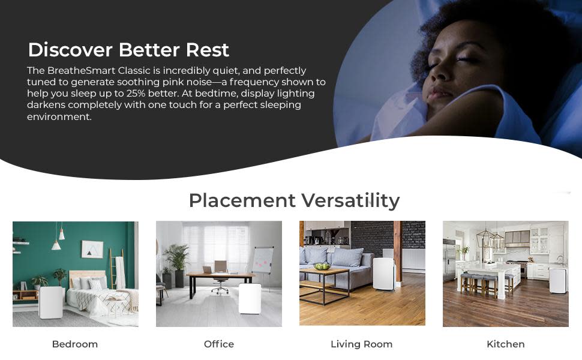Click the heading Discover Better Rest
[128, 50]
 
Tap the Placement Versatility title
[295, 200]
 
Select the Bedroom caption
[75, 344]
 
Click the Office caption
[219, 344]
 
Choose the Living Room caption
[362, 344]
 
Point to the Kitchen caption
[506, 344]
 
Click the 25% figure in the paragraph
[136, 93]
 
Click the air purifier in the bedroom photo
[51, 302]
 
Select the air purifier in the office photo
[250, 298]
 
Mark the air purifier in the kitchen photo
[558, 280]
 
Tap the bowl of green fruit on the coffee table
[322, 266]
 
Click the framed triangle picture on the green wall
[92, 249]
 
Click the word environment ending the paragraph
[59, 116]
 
